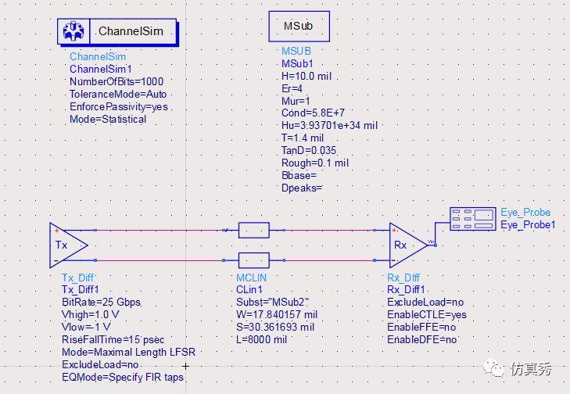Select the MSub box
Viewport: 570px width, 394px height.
[x=299, y=27]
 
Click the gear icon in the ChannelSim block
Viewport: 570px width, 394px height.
[x=75, y=31]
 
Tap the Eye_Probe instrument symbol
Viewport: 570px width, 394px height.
[x=473, y=217]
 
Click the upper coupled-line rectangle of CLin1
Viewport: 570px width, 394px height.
[x=253, y=230]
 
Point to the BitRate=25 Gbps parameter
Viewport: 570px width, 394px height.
[x=102, y=303]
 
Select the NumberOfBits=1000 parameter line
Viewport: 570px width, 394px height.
[x=117, y=81]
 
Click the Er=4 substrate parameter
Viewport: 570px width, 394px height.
[x=292, y=88]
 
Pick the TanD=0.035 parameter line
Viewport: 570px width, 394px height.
[x=310, y=151]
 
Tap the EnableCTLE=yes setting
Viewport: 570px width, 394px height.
[x=427, y=315]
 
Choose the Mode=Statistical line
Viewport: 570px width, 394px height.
[x=108, y=119]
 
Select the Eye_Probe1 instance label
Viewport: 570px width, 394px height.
[x=528, y=225]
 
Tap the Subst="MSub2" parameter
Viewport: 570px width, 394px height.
[x=273, y=303]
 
